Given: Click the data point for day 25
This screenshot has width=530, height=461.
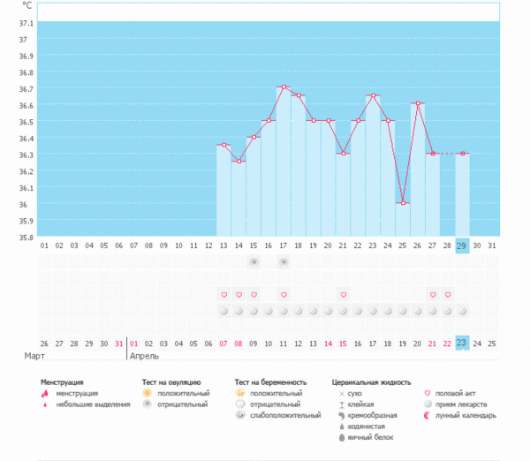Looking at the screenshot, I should point(403,203).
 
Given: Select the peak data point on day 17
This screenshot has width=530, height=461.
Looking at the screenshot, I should point(284,87).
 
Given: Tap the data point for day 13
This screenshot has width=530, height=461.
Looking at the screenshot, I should point(223,145).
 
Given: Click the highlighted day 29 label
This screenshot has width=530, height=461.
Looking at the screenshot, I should point(462,246).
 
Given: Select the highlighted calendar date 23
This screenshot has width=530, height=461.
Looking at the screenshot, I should point(462,343).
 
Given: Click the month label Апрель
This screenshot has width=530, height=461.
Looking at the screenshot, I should point(145,356).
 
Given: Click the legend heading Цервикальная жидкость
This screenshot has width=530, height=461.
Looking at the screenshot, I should point(371,382).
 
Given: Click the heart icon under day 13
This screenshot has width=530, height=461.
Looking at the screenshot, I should point(223,294).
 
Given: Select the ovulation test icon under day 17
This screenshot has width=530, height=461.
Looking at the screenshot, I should point(284,262).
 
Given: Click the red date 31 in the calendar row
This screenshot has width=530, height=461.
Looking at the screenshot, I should point(119,343).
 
